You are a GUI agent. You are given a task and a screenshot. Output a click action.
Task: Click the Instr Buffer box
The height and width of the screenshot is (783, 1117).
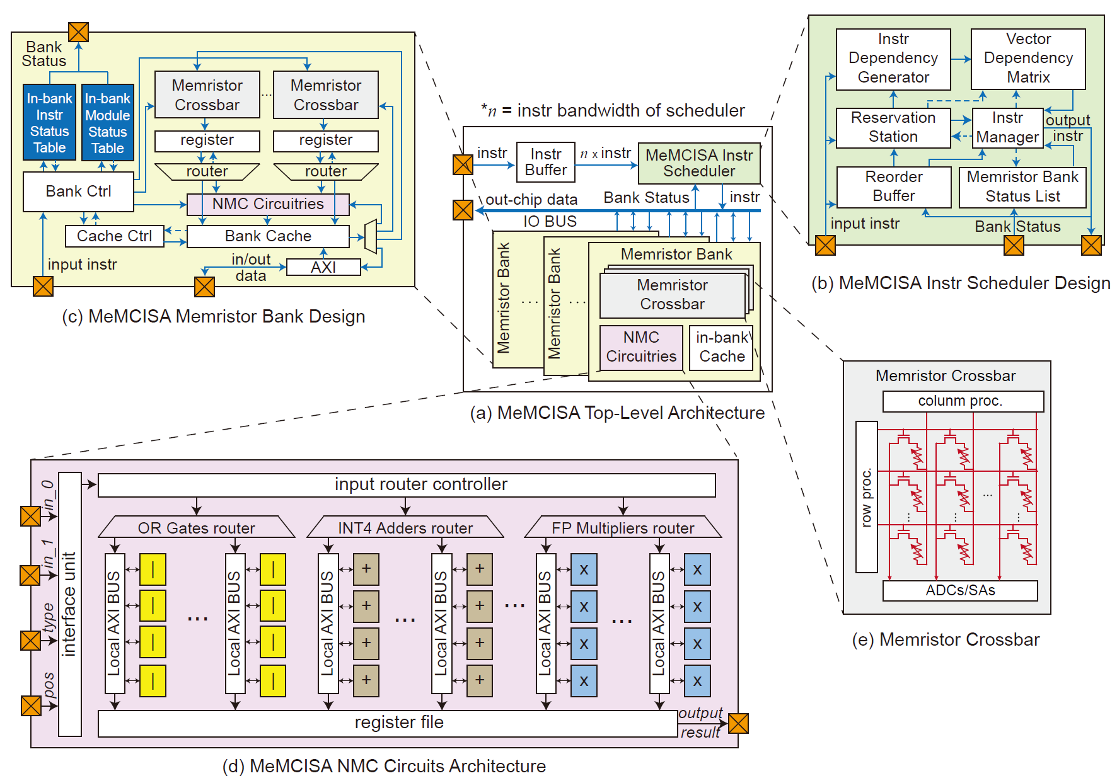click(x=545, y=163)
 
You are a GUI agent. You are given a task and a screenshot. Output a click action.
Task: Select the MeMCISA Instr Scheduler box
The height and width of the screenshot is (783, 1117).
click(x=698, y=163)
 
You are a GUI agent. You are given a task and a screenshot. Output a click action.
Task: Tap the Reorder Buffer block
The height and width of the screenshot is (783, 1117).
click(x=893, y=186)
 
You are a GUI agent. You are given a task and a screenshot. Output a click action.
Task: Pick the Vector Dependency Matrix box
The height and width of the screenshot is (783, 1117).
click(x=1027, y=59)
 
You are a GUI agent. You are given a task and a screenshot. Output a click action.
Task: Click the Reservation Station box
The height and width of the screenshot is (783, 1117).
click(x=893, y=127)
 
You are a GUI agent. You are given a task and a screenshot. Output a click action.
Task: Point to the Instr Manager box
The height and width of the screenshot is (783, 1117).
click(x=1007, y=128)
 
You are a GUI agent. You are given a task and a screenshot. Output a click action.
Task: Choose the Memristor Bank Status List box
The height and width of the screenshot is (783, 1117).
click(x=1022, y=187)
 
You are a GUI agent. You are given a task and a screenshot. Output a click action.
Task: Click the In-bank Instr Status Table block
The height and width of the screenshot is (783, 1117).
click(x=49, y=123)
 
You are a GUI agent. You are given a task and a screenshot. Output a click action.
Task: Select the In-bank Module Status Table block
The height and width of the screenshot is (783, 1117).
click(x=108, y=123)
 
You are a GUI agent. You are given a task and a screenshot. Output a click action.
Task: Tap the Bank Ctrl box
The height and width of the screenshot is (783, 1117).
click(x=78, y=191)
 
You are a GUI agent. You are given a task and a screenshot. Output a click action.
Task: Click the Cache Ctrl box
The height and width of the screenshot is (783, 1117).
click(x=114, y=236)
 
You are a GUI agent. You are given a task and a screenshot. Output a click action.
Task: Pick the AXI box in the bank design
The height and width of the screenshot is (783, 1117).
click(x=323, y=267)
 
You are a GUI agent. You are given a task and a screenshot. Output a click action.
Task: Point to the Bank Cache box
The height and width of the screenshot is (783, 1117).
click(x=268, y=236)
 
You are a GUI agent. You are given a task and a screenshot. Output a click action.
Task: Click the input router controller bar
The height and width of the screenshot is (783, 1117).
click(x=407, y=485)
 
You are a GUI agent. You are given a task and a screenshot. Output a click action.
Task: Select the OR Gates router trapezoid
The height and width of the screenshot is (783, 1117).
click(x=196, y=528)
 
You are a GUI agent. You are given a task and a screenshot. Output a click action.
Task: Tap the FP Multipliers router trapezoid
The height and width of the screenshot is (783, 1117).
click(x=622, y=528)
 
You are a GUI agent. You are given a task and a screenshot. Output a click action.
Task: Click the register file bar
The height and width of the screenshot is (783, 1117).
click(x=388, y=723)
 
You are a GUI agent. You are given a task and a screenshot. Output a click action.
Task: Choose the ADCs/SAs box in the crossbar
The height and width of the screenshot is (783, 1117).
click(x=959, y=591)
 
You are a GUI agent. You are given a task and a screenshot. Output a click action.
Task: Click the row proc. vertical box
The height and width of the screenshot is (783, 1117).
click(x=866, y=497)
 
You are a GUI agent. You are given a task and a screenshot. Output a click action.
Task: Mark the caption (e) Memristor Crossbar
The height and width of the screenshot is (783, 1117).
click(x=945, y=640)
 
